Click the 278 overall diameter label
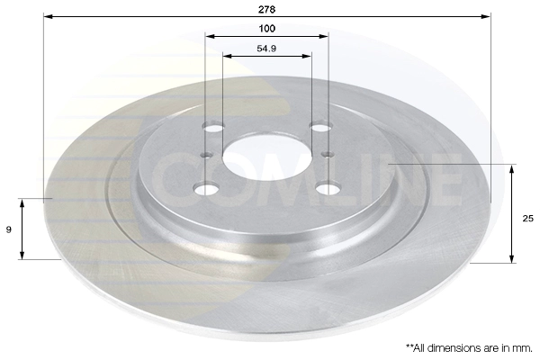click(x=267, y=9)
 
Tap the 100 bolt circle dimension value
click(x=267, y=28)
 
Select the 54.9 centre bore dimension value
click(x=266, y=49)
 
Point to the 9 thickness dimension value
click(x=9, y=229)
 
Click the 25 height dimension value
click(x=528, y=219)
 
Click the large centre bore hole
click(x=267, y=157)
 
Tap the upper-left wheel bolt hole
click(x=213, y=127)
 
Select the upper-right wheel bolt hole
click(x=321, y=126)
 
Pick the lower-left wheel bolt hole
click(x=206, y=189)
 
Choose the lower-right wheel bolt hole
click(x=328, y=188)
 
